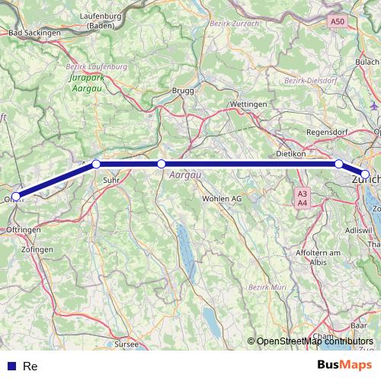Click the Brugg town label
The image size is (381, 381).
[184, 91]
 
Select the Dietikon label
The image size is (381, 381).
[290, 153]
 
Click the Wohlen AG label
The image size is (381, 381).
[222, 198]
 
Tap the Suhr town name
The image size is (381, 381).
[110, 181]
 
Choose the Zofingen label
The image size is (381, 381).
[38, 249]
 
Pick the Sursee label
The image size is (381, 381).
[126, 344]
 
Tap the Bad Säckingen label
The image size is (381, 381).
[34, 34]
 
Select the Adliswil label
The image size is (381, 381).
[358, 229]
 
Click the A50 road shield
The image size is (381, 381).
[338, 21]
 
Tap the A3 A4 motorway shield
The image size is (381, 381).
[303, 198]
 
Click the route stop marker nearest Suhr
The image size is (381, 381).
[96, 163]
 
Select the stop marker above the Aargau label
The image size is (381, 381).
[161, 163]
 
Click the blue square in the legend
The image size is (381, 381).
[11, 367]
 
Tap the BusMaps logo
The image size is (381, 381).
[345, 365]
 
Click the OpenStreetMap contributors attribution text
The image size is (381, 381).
[315, 341]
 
